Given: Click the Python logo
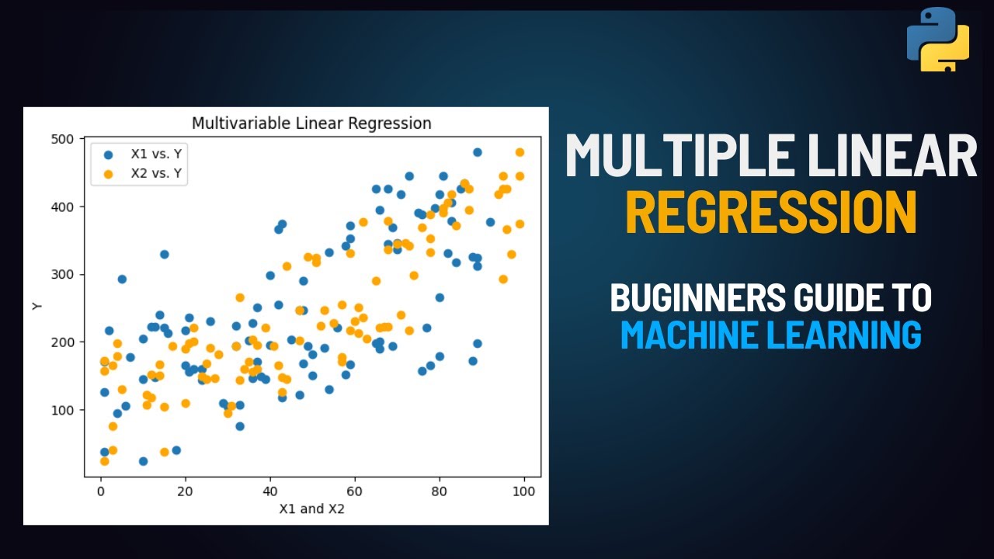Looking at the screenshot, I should click(938, 40).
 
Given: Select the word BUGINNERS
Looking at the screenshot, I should click(687, 297).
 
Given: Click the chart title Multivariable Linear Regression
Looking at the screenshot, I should click(311, 123).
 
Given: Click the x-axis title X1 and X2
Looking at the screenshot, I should click(311, 509).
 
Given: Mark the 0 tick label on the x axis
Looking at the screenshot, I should click(101, 492).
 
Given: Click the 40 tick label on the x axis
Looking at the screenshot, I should click(270, 492).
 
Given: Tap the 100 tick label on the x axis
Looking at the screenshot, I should click(524, 492).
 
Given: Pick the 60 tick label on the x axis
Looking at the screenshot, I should click(355, 492).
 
